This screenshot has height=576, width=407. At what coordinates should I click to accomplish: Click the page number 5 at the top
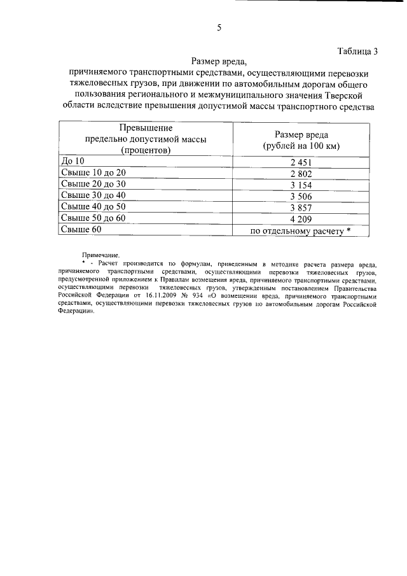pyautogui.click(x=219, y=27)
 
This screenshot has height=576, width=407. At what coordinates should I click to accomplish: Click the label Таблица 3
pyautogui.click(x=356, y=52)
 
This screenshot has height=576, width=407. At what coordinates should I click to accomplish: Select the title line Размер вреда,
pyautogui.click(x=217, y=62)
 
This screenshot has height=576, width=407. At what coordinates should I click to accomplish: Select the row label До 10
pyautogui.click(x=71, y=161)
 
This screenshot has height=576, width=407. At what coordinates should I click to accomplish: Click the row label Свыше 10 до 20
pyautogui.click(x=93, y=172)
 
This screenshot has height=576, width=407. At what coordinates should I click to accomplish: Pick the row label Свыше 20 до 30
pyautogui.click(x=93, y=184)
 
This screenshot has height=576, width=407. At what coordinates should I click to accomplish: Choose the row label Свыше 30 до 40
pyautogui.click(x=93, y=195)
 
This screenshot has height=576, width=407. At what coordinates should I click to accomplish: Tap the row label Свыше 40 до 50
pyautogui.click(x=93, y=207)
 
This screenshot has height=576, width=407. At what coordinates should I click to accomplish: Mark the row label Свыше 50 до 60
pyautogui.click(x=93, y=218)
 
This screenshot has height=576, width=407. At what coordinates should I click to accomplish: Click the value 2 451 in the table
pyautogui.click(x=300, y=162)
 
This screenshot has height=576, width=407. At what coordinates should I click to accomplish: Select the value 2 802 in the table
pyautogui.click(x=300, y=173)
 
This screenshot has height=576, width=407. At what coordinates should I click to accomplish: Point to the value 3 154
pyautogui.click(x=300, y=185)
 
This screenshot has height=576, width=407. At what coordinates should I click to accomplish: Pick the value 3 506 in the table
pyautogui.click(x=300, y=196)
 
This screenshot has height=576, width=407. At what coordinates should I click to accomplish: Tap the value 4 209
pyautogui.click(x=300, y=219)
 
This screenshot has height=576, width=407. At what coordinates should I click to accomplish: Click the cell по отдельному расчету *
pyautogui.click(x=300, y=230)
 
